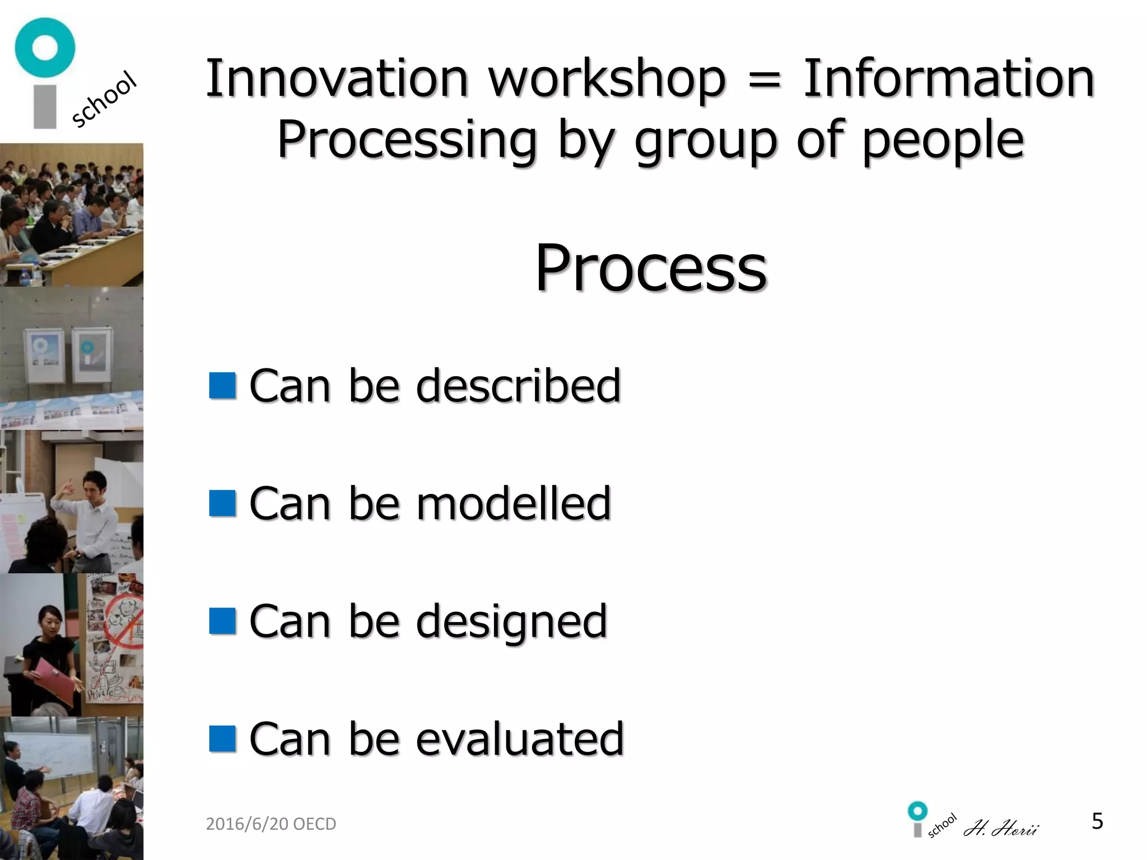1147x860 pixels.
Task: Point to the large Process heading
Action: (651, 269)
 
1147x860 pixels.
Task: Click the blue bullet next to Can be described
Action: (222, 386)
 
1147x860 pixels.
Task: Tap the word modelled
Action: (513, 503)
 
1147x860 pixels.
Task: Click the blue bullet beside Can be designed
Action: (222, 621)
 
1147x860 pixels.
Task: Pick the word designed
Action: (511, 621)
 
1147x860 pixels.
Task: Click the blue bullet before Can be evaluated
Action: (222, 739)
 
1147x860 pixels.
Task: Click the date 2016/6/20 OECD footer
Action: (271, 824)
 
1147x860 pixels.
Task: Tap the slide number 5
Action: (1097, 821)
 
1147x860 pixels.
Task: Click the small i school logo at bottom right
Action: (930, 820)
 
